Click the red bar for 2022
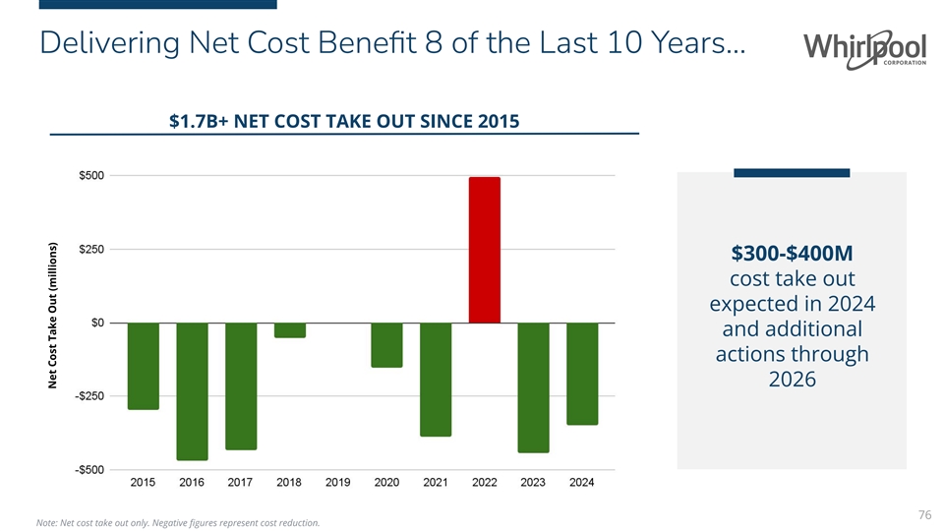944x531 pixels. [484, 250]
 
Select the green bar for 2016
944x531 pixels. [192, 390]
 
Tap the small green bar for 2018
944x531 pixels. [289, 330]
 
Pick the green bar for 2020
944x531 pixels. [386, 345]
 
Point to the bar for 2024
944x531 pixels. [582, 374]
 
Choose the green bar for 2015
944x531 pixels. [144, 366]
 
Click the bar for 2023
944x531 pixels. [533, 387]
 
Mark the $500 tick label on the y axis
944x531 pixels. [94, 175]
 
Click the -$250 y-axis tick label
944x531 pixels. [94, 395]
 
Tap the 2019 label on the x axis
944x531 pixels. [338, 484]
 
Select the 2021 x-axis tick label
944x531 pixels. [436, 484]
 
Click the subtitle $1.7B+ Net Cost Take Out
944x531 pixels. [344, 121]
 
